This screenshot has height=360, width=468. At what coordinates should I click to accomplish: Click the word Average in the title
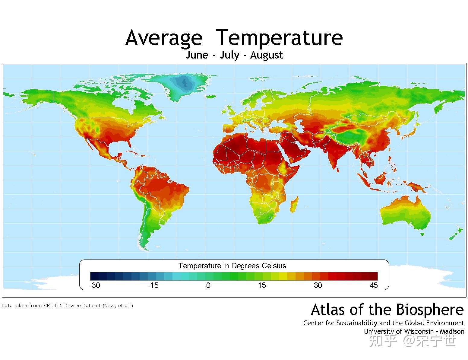[x=164, y=38]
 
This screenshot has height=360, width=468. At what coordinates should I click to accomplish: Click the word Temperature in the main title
[x=280, y=38]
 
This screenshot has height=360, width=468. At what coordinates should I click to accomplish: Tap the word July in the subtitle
[x=229, y=55]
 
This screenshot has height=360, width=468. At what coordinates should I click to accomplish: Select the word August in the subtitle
[x=267, y=55]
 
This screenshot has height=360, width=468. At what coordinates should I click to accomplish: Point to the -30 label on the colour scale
[x=95, y=285]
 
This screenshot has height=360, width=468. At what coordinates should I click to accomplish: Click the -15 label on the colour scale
[x=153, y=285]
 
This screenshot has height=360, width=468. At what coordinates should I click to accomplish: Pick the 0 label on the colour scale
[x=208, y=285]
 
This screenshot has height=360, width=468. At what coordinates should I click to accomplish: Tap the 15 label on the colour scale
[x=262, y=285]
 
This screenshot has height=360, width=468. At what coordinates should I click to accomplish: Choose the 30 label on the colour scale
[x=318, y=285]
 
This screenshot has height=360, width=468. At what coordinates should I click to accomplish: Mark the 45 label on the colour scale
[x=374, y=285]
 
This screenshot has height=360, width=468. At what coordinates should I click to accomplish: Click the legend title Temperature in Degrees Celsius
[x=232, y=266]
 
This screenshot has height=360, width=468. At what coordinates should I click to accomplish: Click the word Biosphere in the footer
[x=430, y=310]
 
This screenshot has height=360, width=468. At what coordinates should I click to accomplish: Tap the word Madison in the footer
[x=452, y=331]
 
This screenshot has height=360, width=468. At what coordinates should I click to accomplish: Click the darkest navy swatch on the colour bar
[x=94, y=276]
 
